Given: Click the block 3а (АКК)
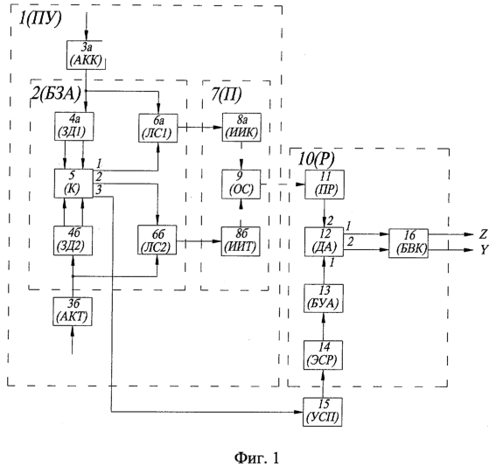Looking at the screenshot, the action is point(86,55).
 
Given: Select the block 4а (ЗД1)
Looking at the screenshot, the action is point(74,126).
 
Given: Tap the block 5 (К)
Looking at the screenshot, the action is point(73,184).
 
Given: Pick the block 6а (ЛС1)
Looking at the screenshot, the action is point(158,128).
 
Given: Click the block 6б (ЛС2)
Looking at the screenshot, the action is point(157,240).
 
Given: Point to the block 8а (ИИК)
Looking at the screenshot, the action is point(241,127).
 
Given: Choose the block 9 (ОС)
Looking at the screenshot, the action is point(241,184).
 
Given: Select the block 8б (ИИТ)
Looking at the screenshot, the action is point(241,241).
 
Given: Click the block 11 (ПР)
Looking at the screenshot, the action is point(325,184).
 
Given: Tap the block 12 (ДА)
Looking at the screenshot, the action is point(324,241).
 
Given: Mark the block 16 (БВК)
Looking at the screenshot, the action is point(409,243).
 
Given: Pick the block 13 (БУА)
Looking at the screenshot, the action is point(324,298).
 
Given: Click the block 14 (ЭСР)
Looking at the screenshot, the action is point(323,355).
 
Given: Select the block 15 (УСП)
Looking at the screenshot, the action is point(323,412).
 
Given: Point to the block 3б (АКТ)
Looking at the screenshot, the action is point(73,311).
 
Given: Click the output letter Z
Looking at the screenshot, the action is point(483,234).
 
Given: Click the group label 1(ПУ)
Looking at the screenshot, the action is point(40,18).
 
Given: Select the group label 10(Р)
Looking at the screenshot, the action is point(316,159).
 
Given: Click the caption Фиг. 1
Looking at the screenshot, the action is point(257,457).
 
